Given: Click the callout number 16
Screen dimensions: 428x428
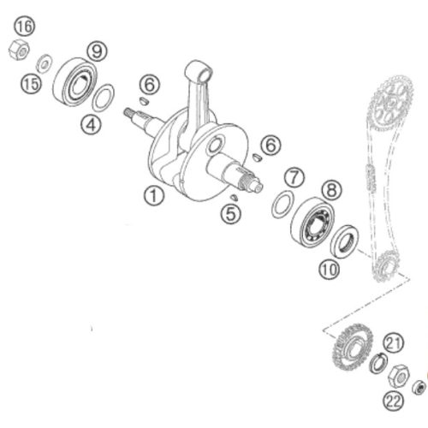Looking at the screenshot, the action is tap(25, 27).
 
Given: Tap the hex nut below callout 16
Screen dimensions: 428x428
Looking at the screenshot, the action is tap(19, 50).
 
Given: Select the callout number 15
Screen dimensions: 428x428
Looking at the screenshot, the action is tap(31, 85).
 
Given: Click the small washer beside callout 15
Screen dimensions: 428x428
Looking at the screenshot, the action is tap(44, 63).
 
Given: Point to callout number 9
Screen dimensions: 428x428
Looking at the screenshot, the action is tap(97, 51).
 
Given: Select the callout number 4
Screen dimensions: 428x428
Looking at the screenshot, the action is tap(91, 124).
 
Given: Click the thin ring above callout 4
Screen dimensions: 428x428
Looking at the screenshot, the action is tap(104, 98).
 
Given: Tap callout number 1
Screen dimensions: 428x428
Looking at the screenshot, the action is tap(153, 196).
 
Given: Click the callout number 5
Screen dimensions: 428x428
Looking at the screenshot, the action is tap(231, 214).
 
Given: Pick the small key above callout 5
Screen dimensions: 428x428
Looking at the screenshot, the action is tap(234, 197).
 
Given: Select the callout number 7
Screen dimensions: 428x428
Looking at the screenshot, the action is tap(294, 177).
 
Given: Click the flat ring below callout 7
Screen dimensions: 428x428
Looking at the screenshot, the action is tap(282, 205).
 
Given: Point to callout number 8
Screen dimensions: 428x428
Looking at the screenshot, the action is tap(331, 190).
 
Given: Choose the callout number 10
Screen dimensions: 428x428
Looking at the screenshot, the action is tap(329, 269).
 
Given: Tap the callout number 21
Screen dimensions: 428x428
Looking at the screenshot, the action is tap(394, 343).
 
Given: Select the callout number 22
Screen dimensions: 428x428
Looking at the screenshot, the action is tap(394, 402).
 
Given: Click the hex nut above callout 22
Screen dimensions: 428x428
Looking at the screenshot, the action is tap(399, 376).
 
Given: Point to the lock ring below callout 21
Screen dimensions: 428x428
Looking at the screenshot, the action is tap(378, 363).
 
